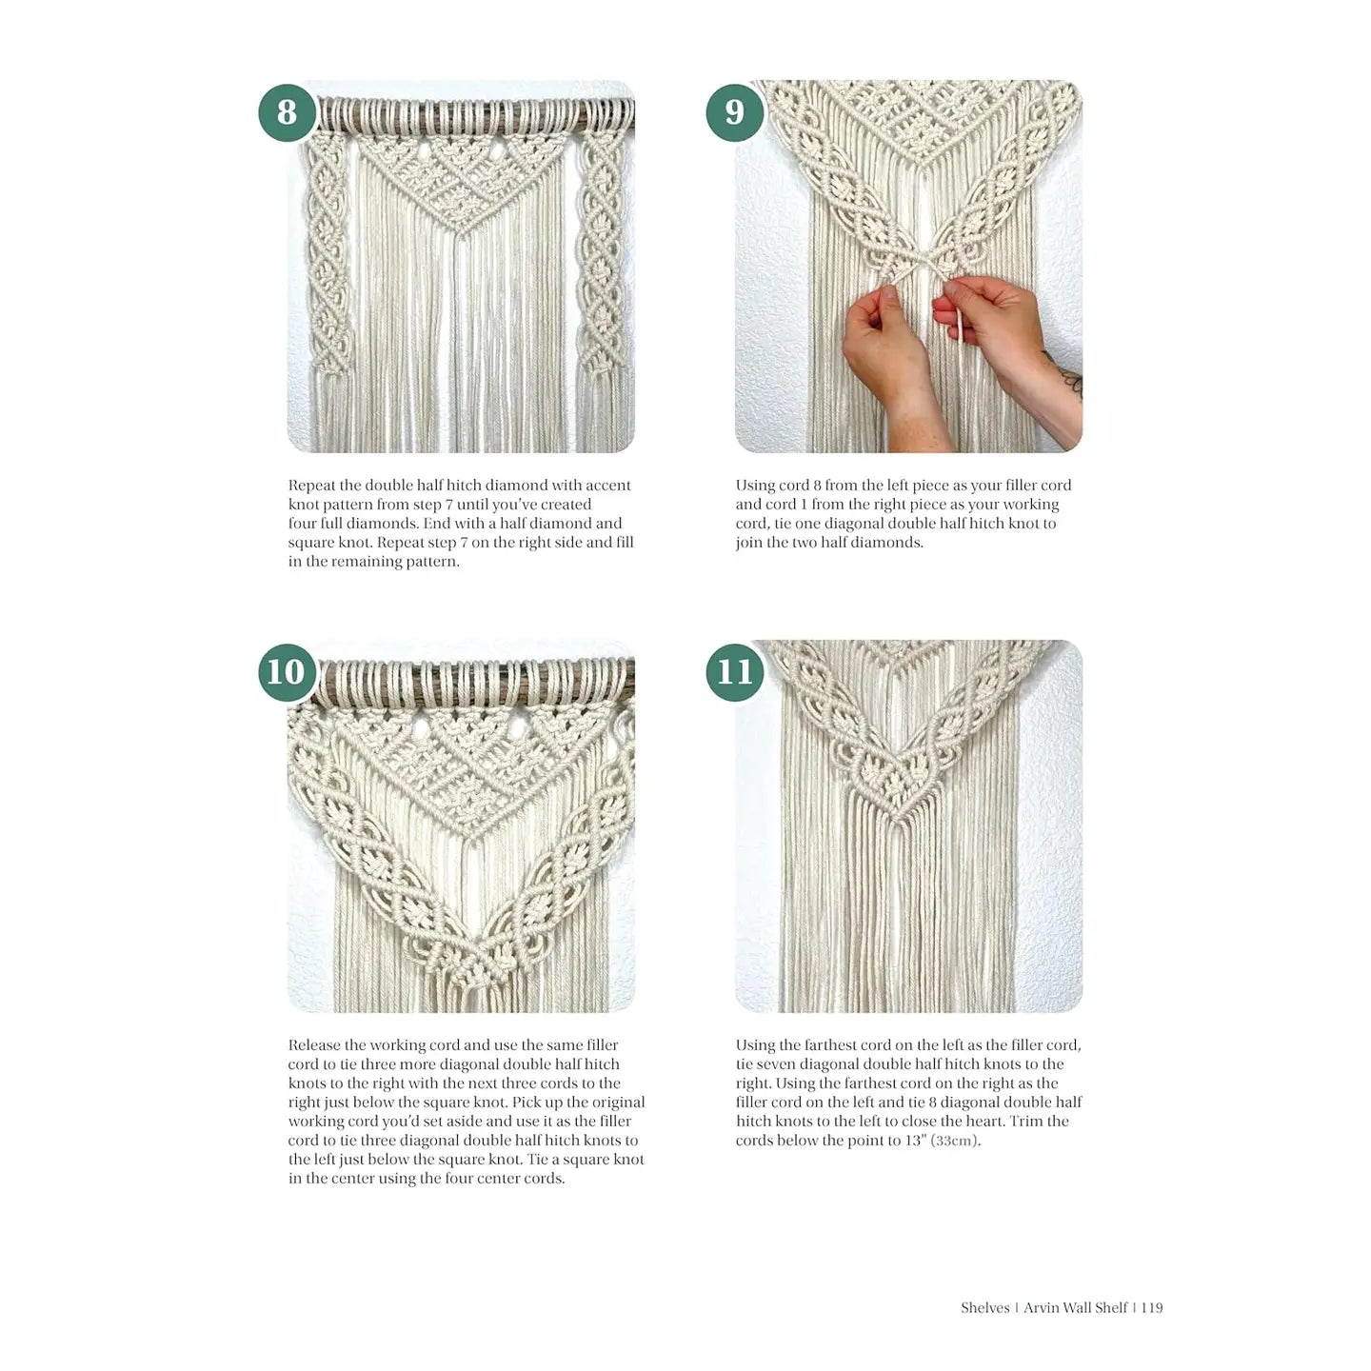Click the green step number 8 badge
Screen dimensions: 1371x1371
coord(287,112)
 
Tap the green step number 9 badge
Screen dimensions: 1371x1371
coord(734,112)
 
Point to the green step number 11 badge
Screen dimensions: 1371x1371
coord(734,672)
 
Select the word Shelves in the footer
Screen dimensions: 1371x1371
coord(984,1307)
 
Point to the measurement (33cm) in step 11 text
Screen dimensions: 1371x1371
coord(955,1141)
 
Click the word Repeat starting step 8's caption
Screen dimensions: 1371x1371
coord(311,486)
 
